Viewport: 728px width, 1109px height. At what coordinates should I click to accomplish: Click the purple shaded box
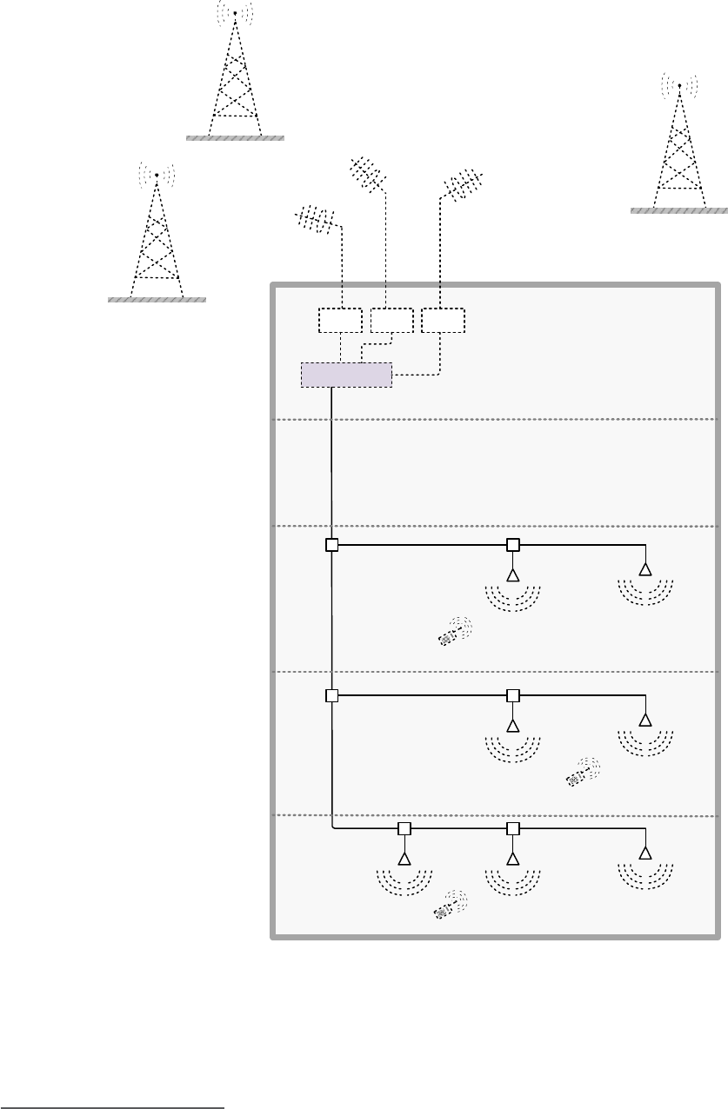pyautogui.click(x=346, y=375)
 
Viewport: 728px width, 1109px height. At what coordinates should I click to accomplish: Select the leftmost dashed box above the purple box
pyautogui.click(x=339, y=321)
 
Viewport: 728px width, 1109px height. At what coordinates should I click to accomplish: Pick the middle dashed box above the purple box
pyautogui.click(x=391, y=321)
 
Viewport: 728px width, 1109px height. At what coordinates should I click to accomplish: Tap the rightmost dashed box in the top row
pyautogui.click(x=442, y=321)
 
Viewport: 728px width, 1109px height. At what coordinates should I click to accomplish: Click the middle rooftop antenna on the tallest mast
pyautogui.click(x=368, y=174)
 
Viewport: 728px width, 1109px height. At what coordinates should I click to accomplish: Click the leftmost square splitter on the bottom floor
pyautogui.click(x=404, y=829)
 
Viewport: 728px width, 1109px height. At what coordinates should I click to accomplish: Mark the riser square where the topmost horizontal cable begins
pyautogui.click(x=331, y=545)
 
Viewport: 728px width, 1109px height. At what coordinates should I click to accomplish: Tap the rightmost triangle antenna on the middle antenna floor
pyautogui.click(x=645, y=720)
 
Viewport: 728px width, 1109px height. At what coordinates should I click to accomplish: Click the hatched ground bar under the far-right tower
pyautogui.click(x=678, y=210)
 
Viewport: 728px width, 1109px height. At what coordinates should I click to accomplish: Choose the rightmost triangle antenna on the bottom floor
pyautogui.click(x=645, y=852)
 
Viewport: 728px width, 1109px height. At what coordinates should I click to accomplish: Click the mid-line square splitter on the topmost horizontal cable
pyautogui.click(x=513, y=545)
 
